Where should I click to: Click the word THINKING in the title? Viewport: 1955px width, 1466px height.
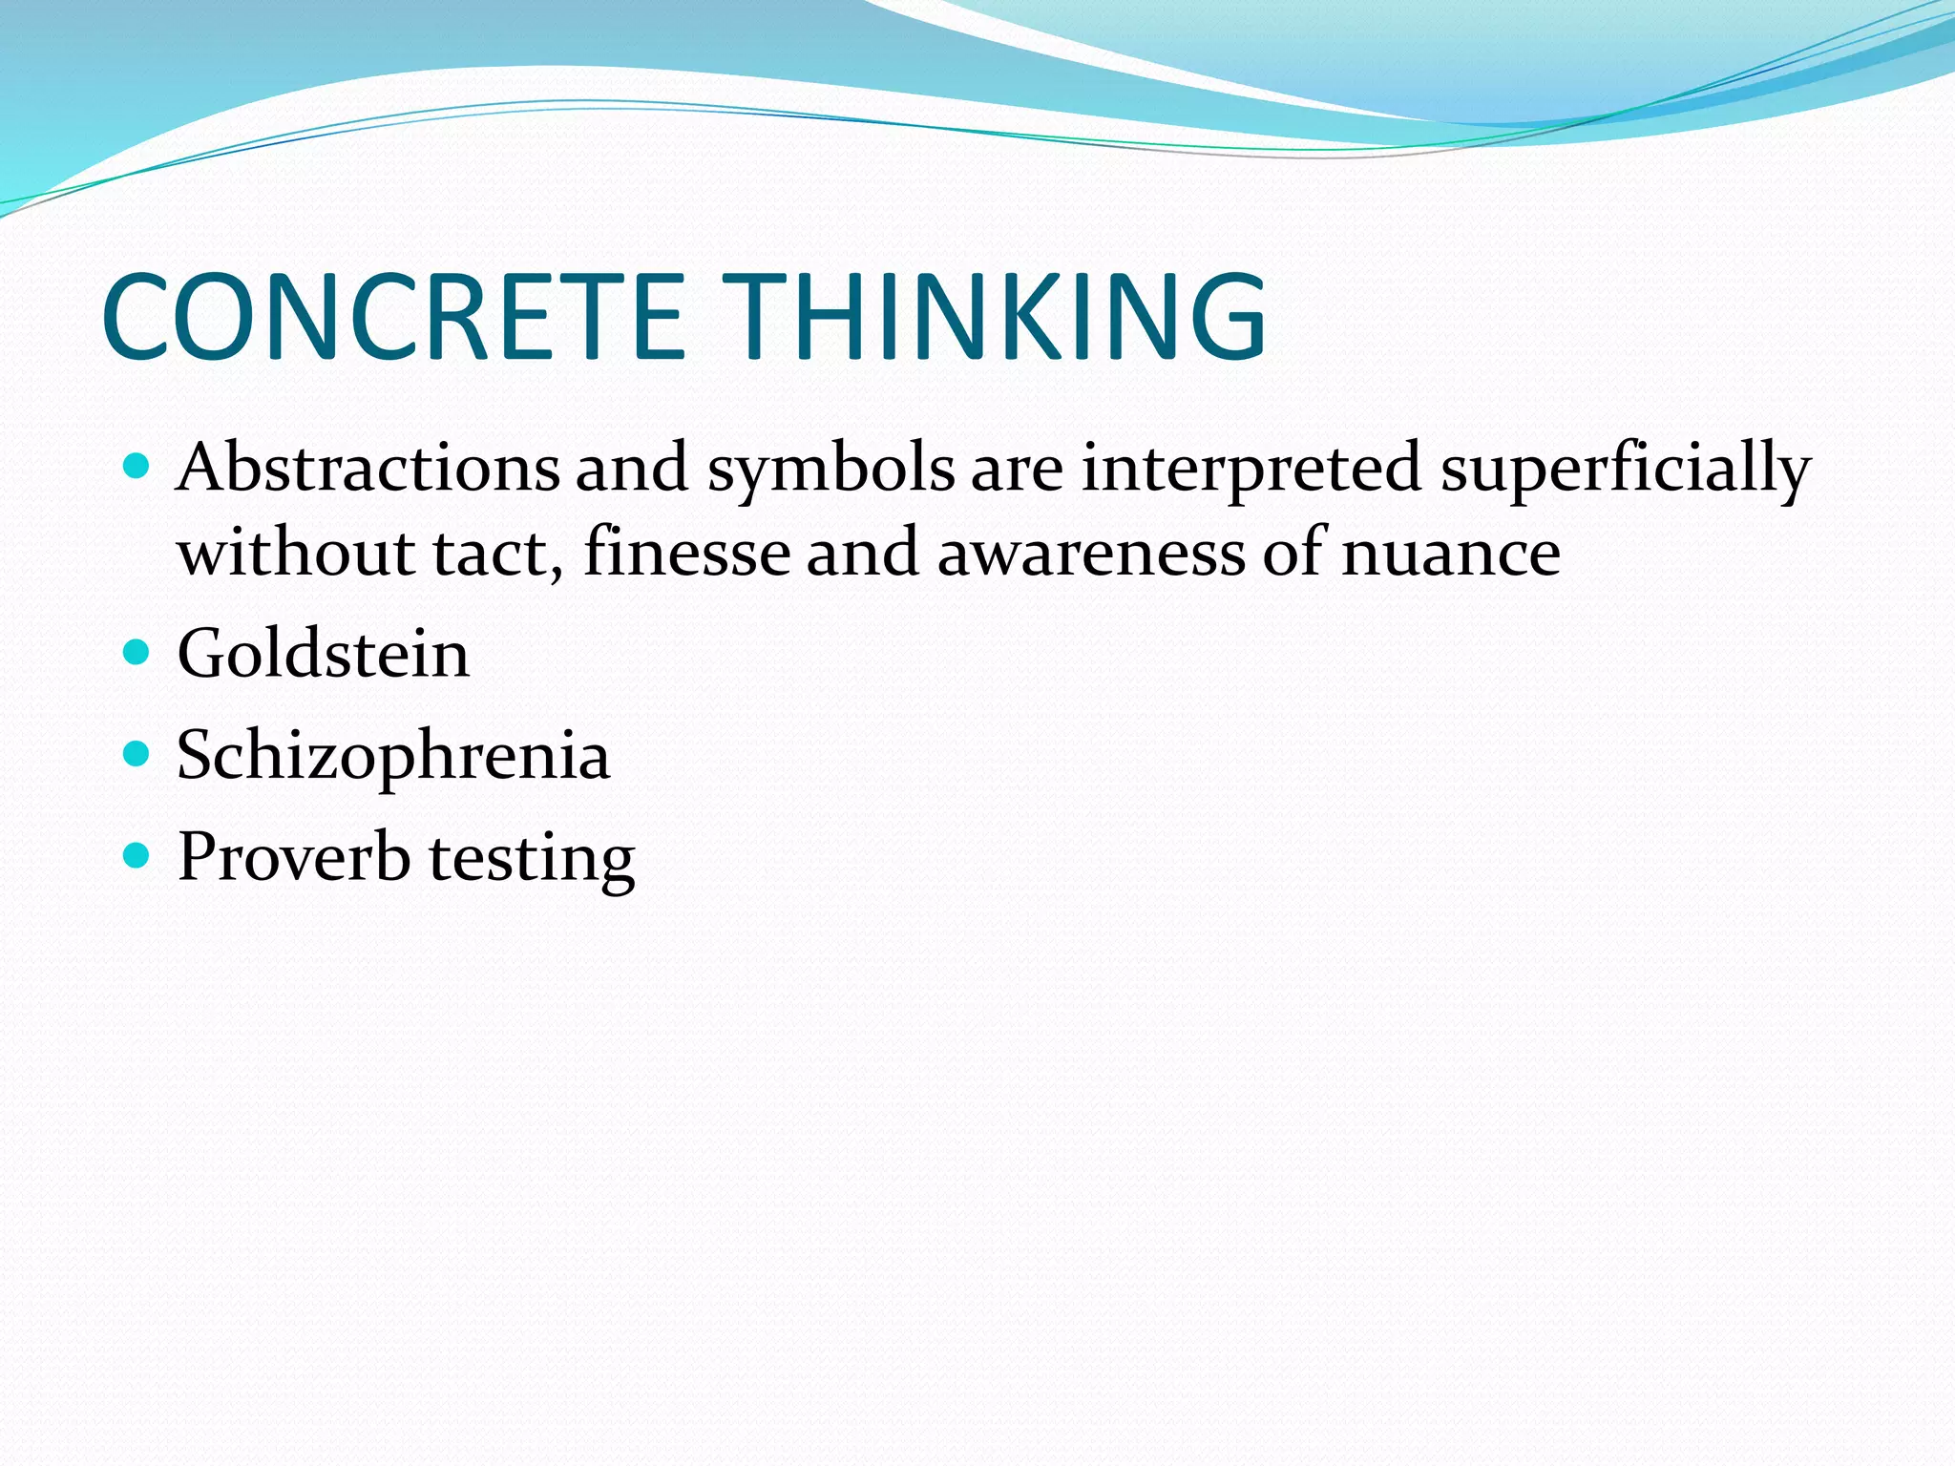[993, 317]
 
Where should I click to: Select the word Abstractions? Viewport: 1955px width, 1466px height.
[368, 468]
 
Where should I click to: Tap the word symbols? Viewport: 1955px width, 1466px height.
[830, 471]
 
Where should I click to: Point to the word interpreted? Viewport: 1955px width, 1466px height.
[1251, 471]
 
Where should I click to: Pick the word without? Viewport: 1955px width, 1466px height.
[296, 554]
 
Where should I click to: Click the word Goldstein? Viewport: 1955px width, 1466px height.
[323, 655]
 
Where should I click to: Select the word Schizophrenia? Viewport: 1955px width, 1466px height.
[392, 757]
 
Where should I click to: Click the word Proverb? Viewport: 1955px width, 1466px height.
[294, 856]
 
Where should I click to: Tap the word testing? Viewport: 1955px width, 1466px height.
[532, 859]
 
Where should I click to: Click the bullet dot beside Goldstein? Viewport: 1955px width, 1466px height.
[137, 653]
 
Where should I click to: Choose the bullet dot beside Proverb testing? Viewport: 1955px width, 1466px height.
[137, 855]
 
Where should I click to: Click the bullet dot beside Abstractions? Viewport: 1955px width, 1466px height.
[137, 467]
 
